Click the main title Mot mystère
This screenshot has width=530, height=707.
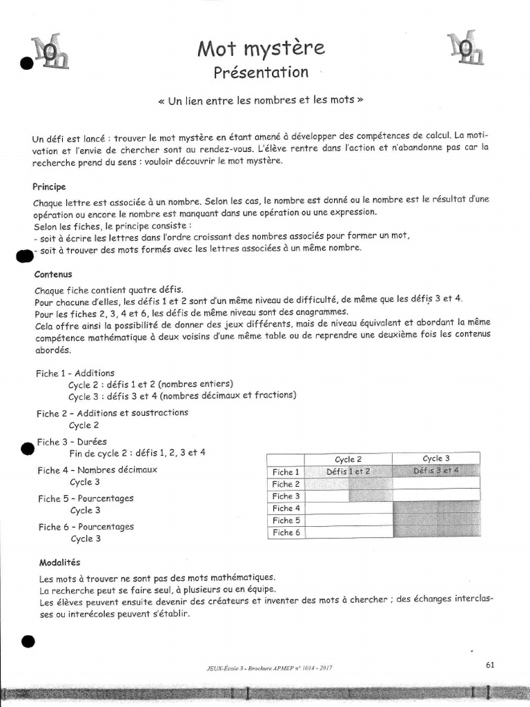click(260, 48)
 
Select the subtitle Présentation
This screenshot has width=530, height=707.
click(260, 72)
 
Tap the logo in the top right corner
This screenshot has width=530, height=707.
click(465, 49)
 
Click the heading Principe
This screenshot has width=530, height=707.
click(49, 187)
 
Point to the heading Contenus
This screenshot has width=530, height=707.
click(52, 274)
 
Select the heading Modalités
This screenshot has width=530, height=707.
click(56, 563)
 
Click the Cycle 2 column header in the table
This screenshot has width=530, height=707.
click(349, 459)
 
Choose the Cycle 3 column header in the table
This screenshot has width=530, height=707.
click(436, 458)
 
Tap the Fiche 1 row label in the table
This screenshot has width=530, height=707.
click(286, 472)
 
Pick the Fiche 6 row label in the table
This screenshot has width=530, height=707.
click(286, 532)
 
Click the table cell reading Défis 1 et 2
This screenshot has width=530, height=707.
click(349, 472)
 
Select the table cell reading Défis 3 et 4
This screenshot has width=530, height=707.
click(436, 471)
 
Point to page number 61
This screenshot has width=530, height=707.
click(490, 665)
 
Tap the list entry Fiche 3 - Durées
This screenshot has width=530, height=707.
click(72, 442)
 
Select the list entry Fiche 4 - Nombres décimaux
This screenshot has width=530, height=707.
click(97, 470)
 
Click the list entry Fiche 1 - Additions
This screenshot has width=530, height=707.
click(75, 373)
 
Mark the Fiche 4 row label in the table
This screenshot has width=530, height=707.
click(286, 508)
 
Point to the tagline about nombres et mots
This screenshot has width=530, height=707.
click(260, 100)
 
